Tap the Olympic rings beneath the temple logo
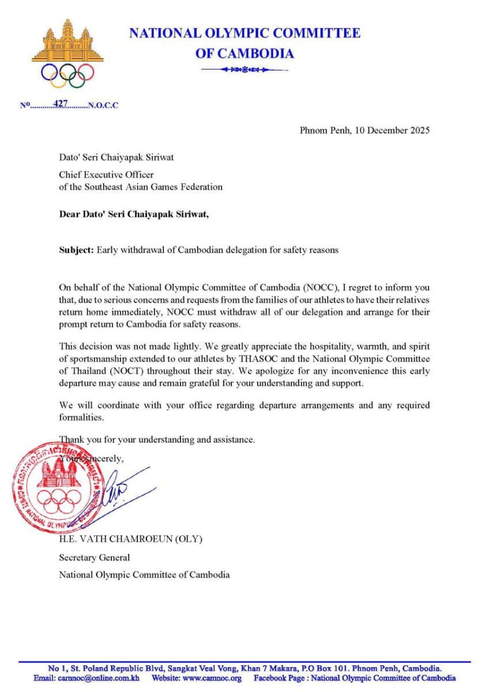[x=67, y=74]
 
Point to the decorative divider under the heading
[x=245, y=70]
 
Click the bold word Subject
[x=76, y=250]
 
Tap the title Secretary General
[x=95, y=557]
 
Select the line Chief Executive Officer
[x=107, y=175]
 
